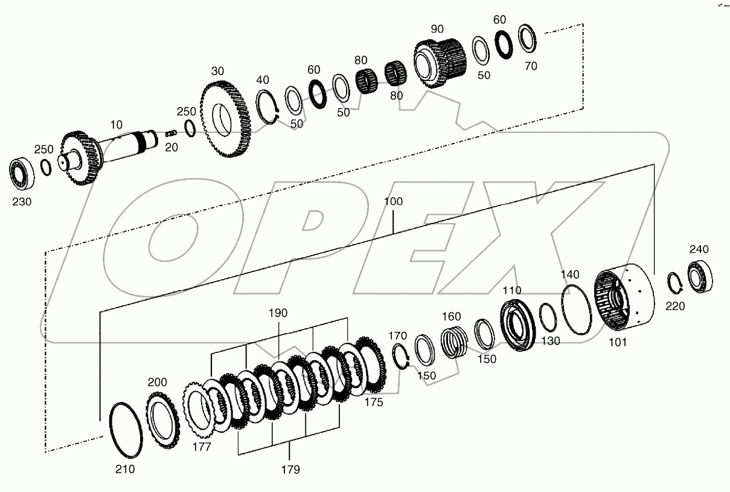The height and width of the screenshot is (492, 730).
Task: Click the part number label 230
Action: [x=22, y=202]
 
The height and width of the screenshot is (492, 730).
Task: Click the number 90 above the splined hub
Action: [x=438, y=29]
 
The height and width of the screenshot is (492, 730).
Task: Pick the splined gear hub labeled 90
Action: [x=440, y=62]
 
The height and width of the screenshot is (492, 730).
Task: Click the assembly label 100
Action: [x=393, y=201]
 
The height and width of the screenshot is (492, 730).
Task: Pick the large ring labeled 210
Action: [x=126, y=430]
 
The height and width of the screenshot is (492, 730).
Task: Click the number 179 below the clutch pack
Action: [x=290, y=469]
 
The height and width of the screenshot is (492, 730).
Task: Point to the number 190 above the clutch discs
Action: [x=278, y=313]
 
